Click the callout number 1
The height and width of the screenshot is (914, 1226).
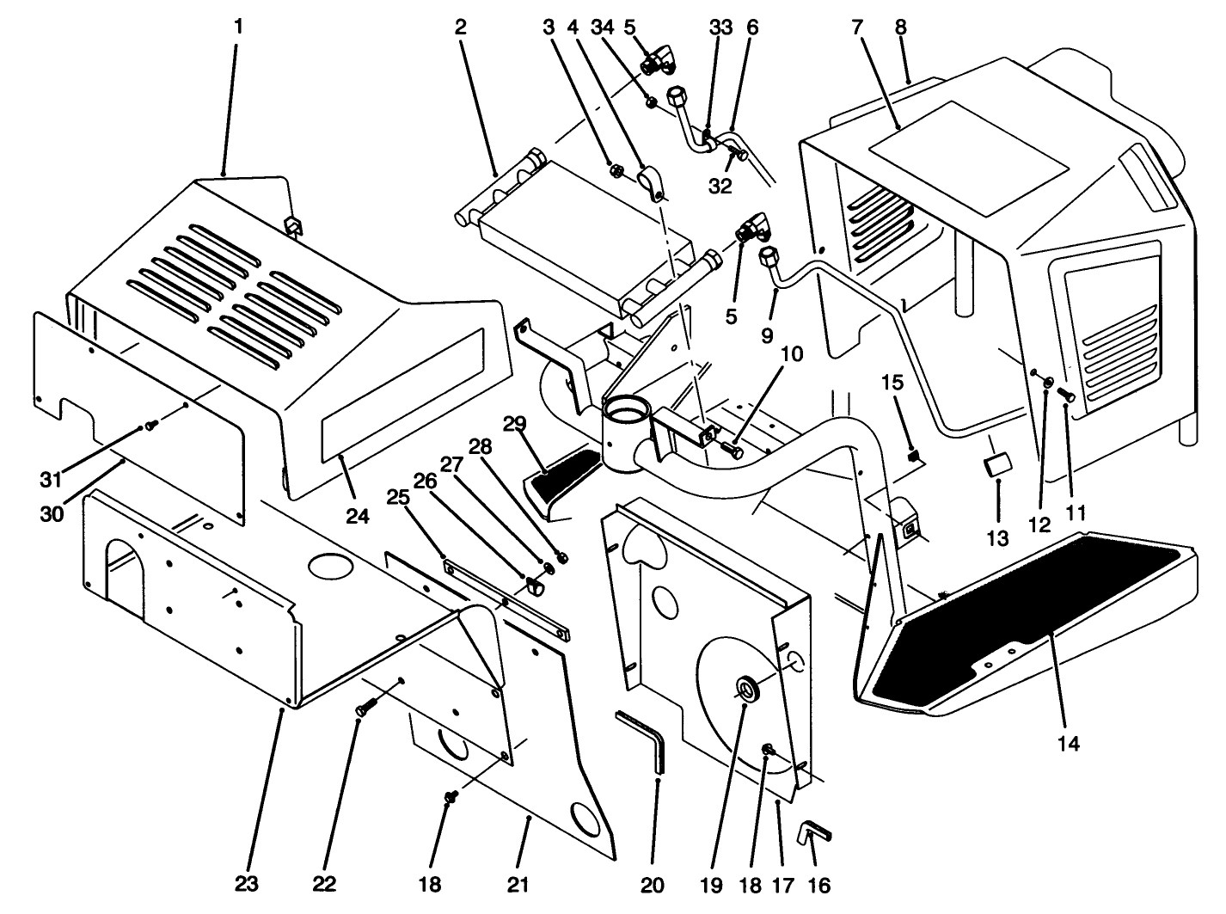point(238,27)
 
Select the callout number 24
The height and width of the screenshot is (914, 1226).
point(357,516)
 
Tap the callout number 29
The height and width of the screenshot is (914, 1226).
point(514,423)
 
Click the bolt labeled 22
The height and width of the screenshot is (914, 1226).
point(362,709)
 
